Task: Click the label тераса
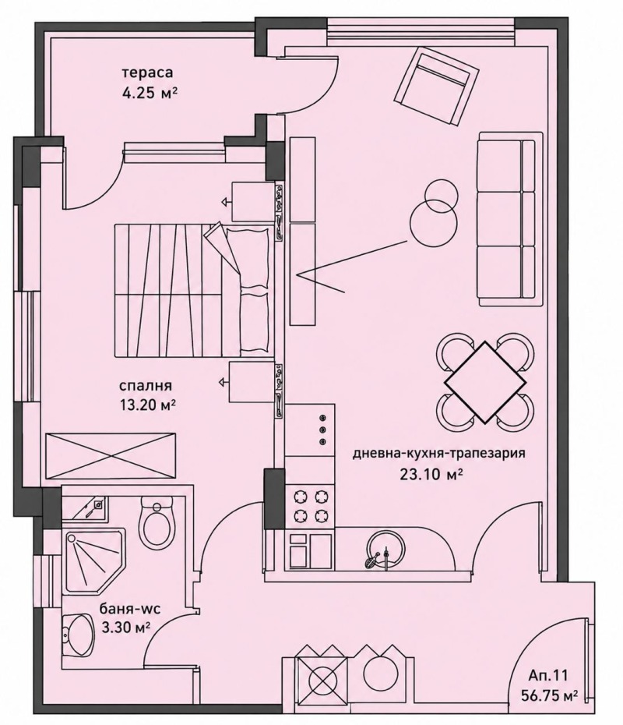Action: click(147, 72)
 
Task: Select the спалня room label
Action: click(146, 385)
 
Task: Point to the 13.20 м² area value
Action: click(148, 405)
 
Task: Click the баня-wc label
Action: click(130, 609)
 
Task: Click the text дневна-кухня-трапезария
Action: click(438, 453)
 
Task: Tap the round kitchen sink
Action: click(385, 549)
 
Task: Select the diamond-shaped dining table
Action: click(484, 382)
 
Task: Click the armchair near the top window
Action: click(435, 88)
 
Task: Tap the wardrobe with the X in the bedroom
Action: click(111, 456)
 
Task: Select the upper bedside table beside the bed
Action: click(253, 202)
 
